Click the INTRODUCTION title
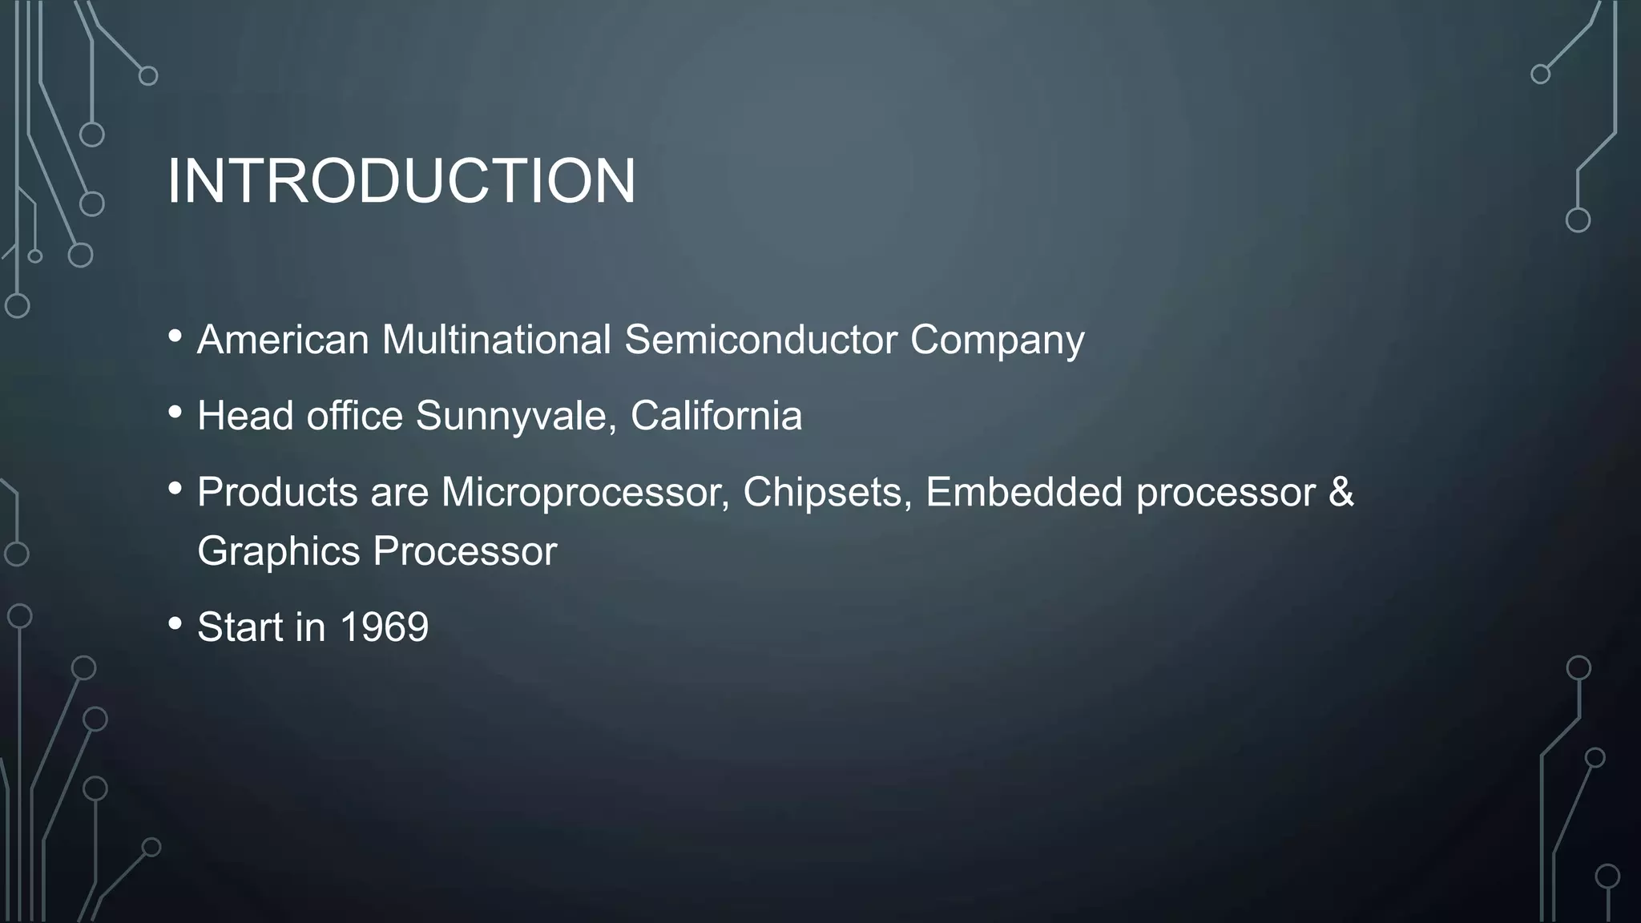(x=401, y=181)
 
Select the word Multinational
(x=497, y=339)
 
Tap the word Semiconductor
(x=760, y=339)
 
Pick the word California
(x=716, y=415)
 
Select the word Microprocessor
(x=585, y=492)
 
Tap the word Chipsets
(x=827, y=492)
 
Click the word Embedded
(x=1024, y=492)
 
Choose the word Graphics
(x=279, y=552)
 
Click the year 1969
(x=385, y=627)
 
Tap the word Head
(x=245, y=415)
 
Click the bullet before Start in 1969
(x=175, y=623)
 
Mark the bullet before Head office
(x=175, y=413)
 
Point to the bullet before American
(x=175, y=337)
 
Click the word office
(x=354, y=415)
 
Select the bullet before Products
(x=175, y=488)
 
